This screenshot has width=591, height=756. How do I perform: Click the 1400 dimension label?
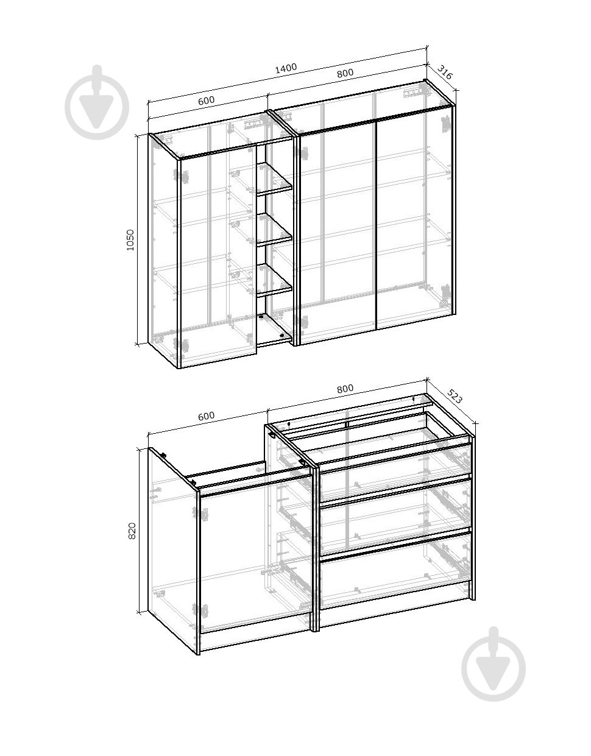click(x=286, y=68)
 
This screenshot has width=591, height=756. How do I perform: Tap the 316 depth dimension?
click(x=445, y=72)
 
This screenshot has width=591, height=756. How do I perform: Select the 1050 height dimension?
click(x=130, y=239)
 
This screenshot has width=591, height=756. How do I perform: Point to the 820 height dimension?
click(x=132, y=531)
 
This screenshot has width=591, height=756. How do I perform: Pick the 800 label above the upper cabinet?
click(x=345, y=73)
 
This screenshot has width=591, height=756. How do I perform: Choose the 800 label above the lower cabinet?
click(x=345, y=389)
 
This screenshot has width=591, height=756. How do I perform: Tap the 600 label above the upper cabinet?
click(x=207, y=101)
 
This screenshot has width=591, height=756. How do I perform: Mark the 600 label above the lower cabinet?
click(x=207, y=416)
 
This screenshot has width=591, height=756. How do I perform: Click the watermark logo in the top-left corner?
click(x=97, y=102)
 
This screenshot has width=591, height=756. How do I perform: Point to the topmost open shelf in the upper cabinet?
click(x=274, y=177)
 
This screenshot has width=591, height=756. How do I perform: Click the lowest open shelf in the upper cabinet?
click(x=274, y=280)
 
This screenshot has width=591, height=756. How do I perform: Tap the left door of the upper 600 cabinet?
click(x=219, y=256)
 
